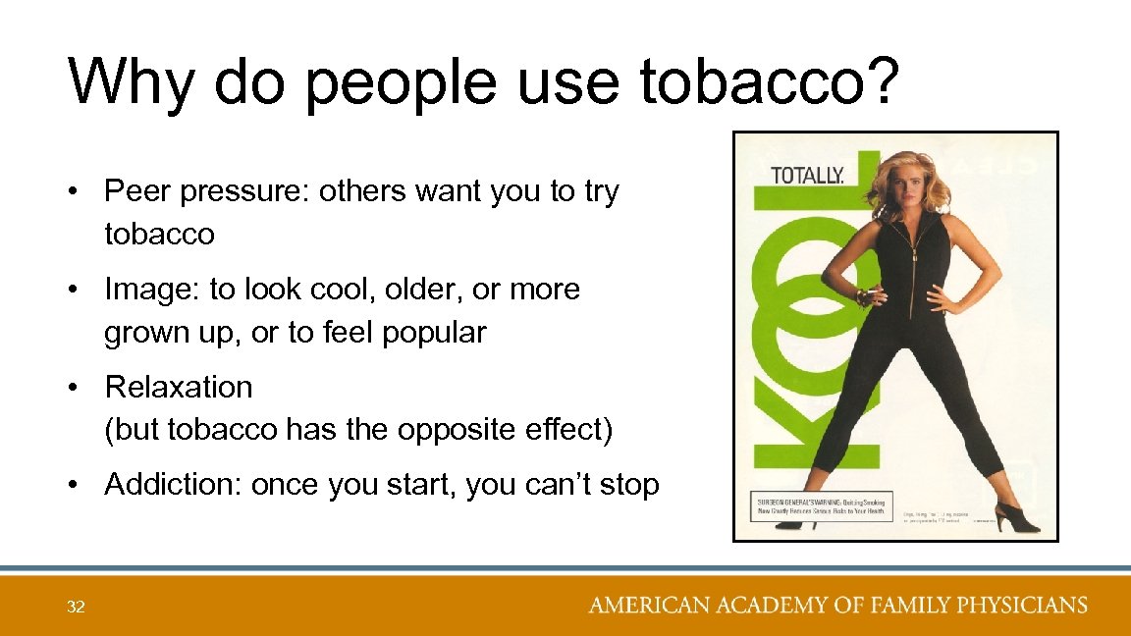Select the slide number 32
click(x=76, y=608)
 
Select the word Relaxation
click(x=179, y=387)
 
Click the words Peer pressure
click(x=206, y=191)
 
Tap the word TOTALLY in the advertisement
click(x=807, y=176)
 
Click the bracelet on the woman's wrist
click(x=861, y=295)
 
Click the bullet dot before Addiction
click(x=74, y=485)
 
